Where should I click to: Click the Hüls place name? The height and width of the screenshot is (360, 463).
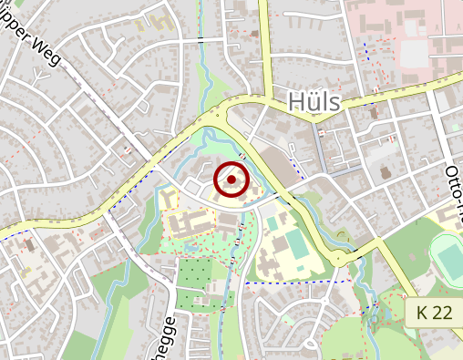point(314,101)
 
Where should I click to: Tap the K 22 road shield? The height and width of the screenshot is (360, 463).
point(434,313)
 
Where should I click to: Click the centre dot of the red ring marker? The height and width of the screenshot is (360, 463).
point(231,180)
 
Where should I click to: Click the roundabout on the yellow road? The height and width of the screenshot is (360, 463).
point(339,260)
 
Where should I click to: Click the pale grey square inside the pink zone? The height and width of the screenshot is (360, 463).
point(414,54)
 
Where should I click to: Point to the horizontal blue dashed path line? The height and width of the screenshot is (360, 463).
point(301,283)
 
